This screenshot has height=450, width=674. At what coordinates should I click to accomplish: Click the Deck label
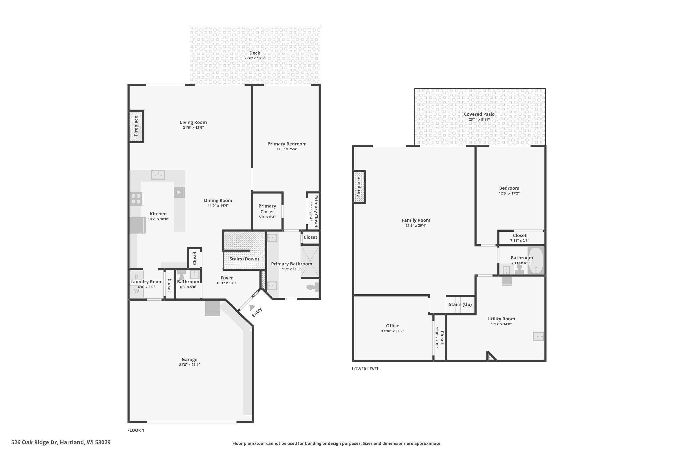255,53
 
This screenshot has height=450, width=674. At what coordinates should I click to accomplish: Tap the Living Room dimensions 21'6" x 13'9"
193,127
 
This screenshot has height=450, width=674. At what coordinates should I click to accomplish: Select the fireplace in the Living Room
136,126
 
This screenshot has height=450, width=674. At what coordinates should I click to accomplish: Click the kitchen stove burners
136,199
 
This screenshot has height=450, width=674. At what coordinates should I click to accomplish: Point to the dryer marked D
136,276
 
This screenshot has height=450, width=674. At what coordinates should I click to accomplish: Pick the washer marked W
136,291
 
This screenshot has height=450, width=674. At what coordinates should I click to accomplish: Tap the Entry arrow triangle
252,307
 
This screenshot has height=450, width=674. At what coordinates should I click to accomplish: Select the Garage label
189,359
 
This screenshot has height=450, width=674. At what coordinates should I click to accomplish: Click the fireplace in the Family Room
359,187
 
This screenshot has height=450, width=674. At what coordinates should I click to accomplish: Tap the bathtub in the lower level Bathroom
535,261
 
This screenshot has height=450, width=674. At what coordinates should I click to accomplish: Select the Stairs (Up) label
460,304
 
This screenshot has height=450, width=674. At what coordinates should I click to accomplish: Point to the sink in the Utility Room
538,336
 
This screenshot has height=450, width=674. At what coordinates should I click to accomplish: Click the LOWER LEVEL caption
365,369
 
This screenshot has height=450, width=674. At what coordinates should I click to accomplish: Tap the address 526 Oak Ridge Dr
35,442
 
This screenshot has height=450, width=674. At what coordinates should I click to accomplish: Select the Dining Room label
218,200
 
